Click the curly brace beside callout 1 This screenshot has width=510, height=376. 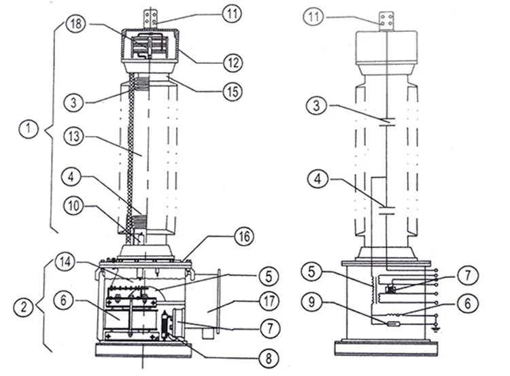click(47, 127)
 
